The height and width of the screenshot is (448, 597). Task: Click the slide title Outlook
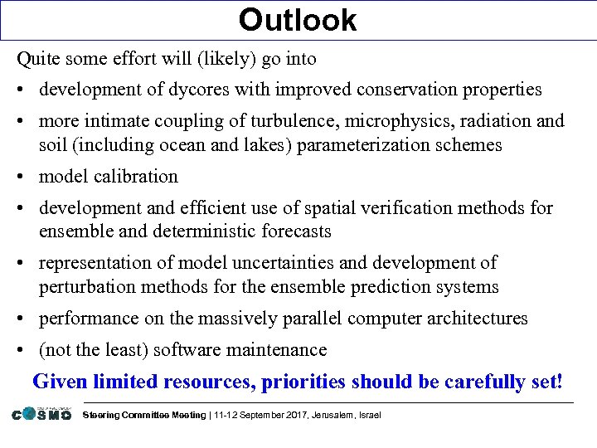click(298, 20)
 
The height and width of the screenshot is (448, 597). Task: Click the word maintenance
click(277, 350)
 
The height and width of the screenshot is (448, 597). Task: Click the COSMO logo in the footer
click(41, 413)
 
